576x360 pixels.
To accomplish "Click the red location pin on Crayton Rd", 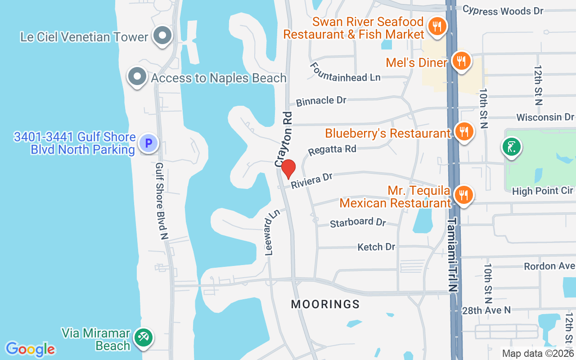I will click(x=288, y=169).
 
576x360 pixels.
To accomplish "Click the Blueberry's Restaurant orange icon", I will click(x=463, y=131).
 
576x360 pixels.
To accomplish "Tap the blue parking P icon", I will click(x=148, y=144).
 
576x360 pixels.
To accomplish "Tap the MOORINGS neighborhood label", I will click(x=325, y=305).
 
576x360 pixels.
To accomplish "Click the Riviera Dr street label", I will click(x=311, y=180).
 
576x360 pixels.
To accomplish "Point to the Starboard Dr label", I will click(x=358, y=222).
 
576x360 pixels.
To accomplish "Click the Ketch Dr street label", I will click(x=376, y=247).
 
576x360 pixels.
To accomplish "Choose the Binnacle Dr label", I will click(x=321, y=101).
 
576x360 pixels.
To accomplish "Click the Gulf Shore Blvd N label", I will click(x=162, y=201).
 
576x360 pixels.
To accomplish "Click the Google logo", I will click(x=31, y=349).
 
